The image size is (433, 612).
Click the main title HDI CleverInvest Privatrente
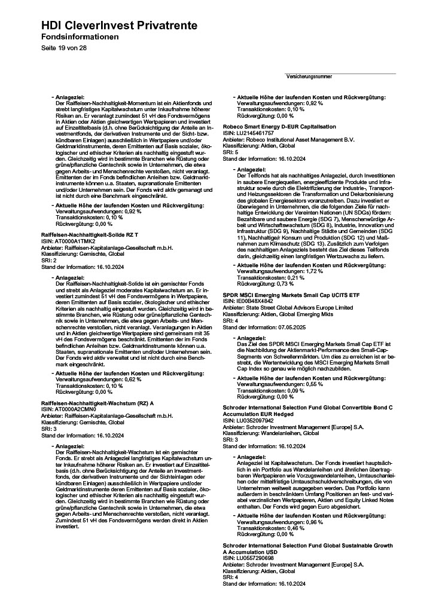120,26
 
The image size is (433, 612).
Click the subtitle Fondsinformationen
80,37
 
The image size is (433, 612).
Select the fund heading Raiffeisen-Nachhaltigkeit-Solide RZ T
90,235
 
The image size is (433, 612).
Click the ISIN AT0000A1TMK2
69,241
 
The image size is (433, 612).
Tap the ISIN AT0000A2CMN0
70,409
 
